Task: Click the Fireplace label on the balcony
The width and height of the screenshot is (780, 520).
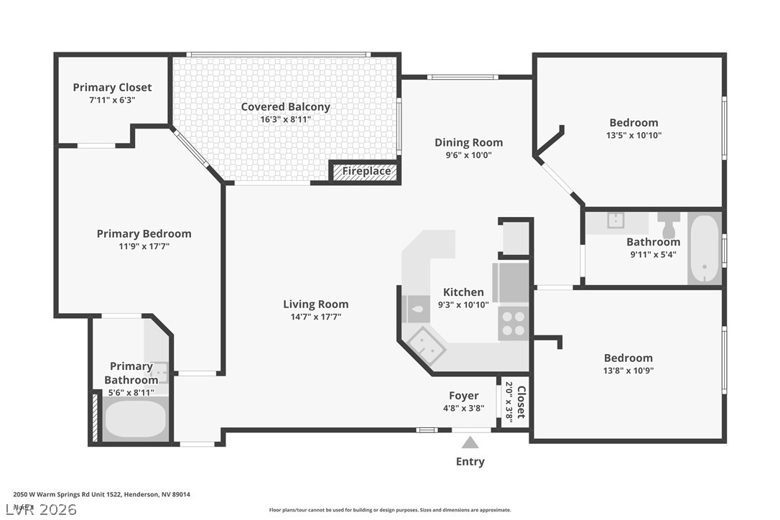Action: [366, 171]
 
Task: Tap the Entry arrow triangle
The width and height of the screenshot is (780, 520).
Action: [470, 442]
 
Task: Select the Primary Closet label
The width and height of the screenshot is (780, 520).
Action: [112, 88]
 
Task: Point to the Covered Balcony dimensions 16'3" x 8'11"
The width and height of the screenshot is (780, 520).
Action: [285, 119]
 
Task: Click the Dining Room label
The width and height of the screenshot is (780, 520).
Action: [468, 142]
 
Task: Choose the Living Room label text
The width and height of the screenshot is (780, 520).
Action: [315, 304]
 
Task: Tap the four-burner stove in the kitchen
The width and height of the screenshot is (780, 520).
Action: [514, 322]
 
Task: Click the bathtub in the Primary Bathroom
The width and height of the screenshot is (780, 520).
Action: [136, 419]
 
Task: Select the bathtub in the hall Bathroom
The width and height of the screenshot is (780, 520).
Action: [704, 248]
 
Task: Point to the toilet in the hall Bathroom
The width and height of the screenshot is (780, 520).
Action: [669, 225]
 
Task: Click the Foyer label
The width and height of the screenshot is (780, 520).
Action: [463, 396]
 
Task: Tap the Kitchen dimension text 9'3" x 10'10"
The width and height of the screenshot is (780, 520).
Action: [463, 305]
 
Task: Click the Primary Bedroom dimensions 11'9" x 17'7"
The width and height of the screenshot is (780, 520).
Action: [144, 246]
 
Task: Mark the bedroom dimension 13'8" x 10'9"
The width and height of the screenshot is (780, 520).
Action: [628, 371]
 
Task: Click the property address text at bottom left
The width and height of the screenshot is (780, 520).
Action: [101, 494]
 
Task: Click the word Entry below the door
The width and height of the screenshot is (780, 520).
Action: [470, 462]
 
